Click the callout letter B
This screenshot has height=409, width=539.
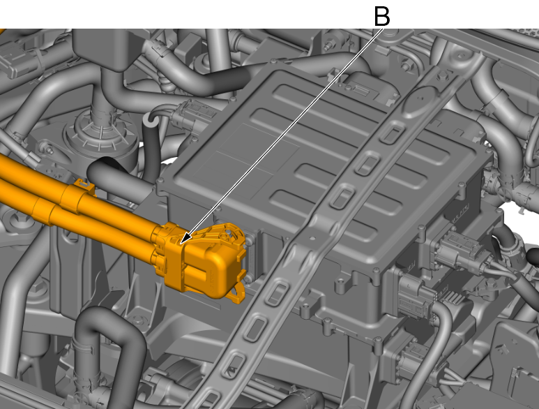tap(382, 16)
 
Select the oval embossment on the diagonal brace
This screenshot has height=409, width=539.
tap(421, 98)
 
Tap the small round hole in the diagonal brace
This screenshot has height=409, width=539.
tap(312, 238)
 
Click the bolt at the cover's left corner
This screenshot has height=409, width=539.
tap(160, 180)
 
